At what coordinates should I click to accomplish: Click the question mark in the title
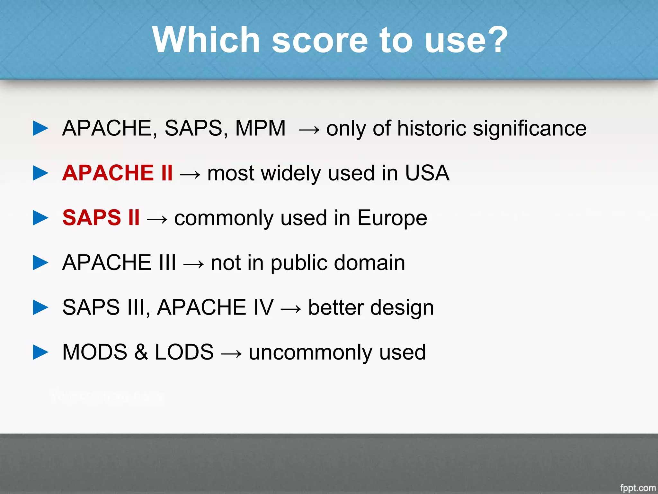[496, 40]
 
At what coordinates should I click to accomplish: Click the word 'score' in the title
[320, 41]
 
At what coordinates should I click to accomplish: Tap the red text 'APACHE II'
[118, 173]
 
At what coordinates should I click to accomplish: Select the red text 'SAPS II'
[101, 218]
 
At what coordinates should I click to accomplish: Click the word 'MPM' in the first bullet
[260, 128]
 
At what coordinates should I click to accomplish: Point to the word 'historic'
[431, 128]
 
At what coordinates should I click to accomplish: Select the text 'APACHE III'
[119, 262]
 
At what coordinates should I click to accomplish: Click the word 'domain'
[369, 262]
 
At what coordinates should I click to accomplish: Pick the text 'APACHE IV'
[215, 307]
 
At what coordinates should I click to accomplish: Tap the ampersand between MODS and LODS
[141, 352]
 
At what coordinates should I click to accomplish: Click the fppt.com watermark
[638, 488]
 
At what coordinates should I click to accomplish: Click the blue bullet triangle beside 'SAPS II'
[40, 218]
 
